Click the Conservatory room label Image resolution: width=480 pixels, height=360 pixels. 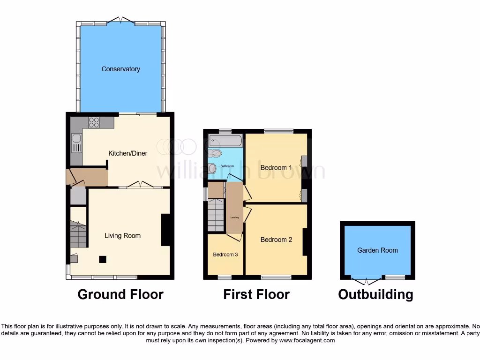click(x=121, y=69)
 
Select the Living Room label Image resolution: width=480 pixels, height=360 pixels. click(x=122, y=236)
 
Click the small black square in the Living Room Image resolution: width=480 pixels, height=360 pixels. click(x=103, y=259)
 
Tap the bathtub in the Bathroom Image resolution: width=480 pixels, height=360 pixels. click(x=225, y=141)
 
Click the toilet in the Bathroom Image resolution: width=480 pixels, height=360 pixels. click(x=216, y=153)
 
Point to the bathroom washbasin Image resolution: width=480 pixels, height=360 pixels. click(x=213, y=168)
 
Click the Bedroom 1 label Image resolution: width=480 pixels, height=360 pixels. click(x=276, y=167)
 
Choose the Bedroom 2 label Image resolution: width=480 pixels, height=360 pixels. click(x=276, y=240)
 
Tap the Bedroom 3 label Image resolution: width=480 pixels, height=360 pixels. click(x=225, y=255)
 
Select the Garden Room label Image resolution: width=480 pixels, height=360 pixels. click(x=377, y=250)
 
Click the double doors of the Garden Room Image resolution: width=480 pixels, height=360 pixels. click(x=366, y=280)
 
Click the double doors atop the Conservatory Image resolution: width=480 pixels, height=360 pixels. click(x=121, y=21)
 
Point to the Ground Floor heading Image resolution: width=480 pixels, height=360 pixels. click(x=120, y=294)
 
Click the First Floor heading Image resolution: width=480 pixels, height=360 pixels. click(x=256, y=294)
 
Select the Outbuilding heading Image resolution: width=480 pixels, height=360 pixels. click(x=376, y=294)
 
